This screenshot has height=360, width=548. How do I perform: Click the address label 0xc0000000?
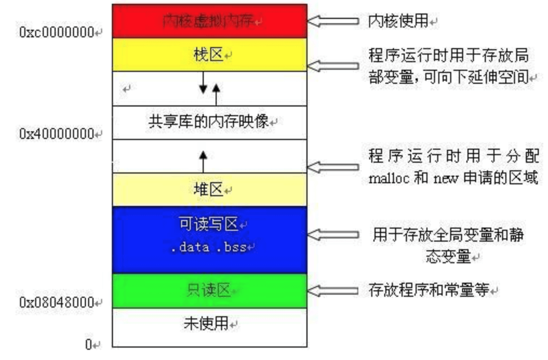pyautogui.click(x=57, y=32)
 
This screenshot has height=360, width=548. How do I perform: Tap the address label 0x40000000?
pyautogui.click(x=57, y=134)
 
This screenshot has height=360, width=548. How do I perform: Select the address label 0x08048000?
pyautogui.click(x=57, y=303)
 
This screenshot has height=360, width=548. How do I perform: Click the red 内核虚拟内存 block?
pyautogui.click(x=209, y=21)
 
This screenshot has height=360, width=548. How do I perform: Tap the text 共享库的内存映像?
pyautogui.click(x=208, y=122)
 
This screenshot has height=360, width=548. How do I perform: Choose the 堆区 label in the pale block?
pyautogui.click(x=209, y=190)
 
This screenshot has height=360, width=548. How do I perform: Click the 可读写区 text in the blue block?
pyautogui.click(x=209, y=223)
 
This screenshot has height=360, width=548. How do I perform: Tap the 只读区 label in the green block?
pyautogui.click(x=209, y=291)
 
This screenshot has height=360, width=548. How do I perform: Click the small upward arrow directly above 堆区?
pyautogui.click(x=203, y=161)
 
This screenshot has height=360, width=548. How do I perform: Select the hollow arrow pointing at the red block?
pyautogui.click(x=333, y=21)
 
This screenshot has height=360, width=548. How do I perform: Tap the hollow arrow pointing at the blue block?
pyautogui.click(x=333, y=235)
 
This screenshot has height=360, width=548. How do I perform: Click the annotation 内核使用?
pyautogui.click(x=399, y=21)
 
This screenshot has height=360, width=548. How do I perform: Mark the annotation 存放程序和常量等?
pyautogui.click(x=429, y=290)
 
